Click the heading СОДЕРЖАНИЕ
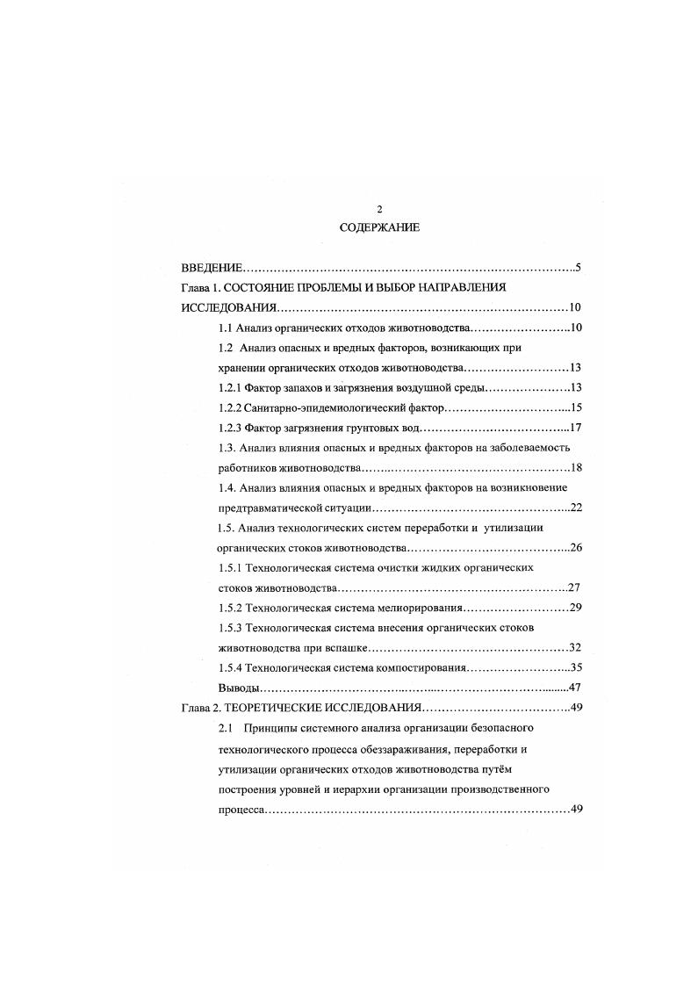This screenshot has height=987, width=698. [x=379, y=227]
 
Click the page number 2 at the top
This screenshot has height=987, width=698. [x=379, y=209]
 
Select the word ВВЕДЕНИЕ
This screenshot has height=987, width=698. [x=210, y=267]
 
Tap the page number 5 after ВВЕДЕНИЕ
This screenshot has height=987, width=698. [x=577, y=267]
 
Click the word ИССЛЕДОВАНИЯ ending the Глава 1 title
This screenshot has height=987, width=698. [x=229, y=307]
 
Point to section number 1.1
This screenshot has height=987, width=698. [x=225, y=328]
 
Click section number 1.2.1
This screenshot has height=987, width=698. [x=230, y=387]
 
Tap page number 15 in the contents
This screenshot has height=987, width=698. [x=577, y=407]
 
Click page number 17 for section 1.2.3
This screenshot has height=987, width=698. [x=577, y=428]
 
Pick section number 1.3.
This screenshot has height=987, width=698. [x=227, y=448]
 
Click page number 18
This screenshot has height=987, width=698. [x=577, y=468]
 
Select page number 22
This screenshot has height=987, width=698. [x=577, y=508]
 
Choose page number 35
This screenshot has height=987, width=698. [x=577, y=667]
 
